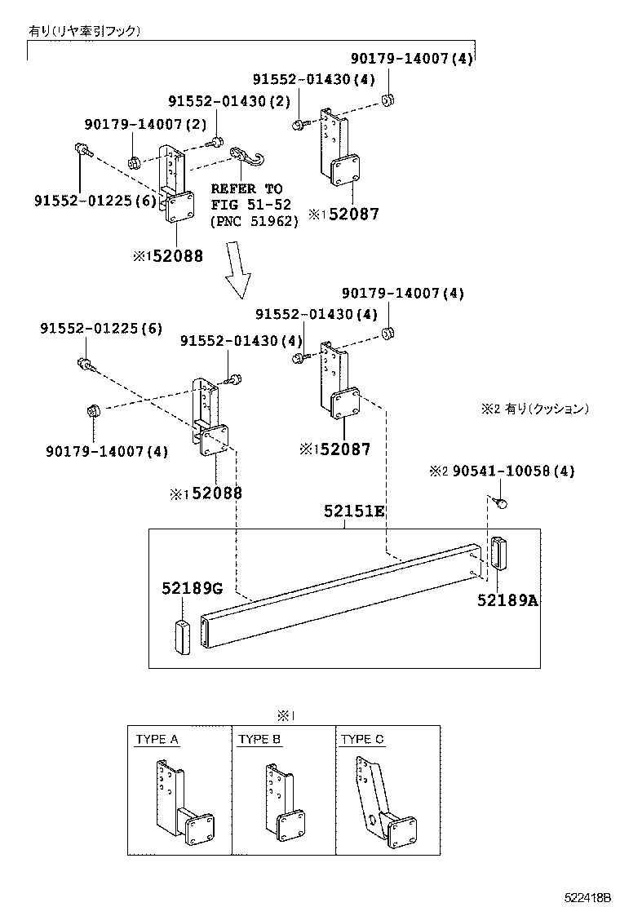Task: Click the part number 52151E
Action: (x=353, y=511)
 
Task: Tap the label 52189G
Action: (x=192, y=588)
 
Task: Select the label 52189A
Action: (x=507, y=600)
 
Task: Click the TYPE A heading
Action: (x=157, y=740)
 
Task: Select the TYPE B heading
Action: (x=259, y=740)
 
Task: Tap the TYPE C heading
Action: (x=362, y=740)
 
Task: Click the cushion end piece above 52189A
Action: (x=498, y=555)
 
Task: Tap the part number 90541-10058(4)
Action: (x=513, y=471)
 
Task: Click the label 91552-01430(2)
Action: (x=229, y=101)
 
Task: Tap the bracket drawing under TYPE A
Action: (x=179, y=803)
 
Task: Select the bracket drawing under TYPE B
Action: (x=284, y=803)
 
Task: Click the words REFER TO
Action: (x=246, y=188)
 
